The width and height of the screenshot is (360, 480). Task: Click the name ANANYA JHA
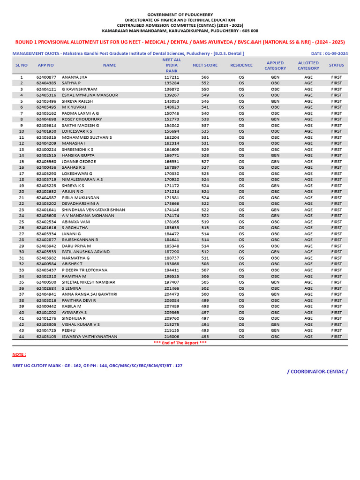pos(75,77)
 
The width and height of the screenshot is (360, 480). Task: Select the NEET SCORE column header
pos(205,65)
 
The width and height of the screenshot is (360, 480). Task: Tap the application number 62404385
pos(46,83)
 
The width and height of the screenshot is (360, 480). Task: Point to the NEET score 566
pos(205,77)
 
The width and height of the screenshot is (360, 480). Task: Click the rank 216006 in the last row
pos(172,337)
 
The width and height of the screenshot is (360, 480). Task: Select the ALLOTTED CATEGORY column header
pos(308,65)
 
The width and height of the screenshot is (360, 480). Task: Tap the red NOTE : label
pos(19,354)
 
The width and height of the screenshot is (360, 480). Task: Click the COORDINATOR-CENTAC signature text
pos(317,372)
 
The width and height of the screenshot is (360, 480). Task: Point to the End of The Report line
pos(180,343)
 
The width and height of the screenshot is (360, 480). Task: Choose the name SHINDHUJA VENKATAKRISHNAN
pos(93,210)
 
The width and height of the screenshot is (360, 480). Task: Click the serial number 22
pos(22,203)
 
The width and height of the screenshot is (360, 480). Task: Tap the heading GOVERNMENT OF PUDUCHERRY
pos(180,14)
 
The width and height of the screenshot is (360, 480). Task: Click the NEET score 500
pos(205,294)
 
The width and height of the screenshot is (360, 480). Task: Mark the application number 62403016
pos(46,300)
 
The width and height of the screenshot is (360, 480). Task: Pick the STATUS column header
pos(336,65)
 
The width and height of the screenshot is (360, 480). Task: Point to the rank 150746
pos(172,113)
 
